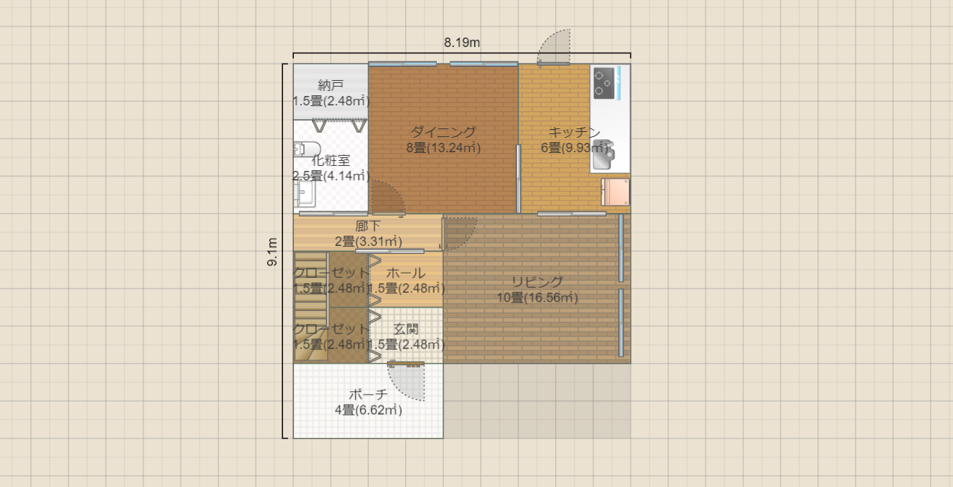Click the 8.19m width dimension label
461,43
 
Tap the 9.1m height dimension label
272,252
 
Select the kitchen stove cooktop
604,83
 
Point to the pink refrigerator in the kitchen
615,192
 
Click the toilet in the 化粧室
307,149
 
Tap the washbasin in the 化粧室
305,194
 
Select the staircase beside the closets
310,306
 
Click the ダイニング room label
443,132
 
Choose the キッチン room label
575,132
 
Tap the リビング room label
537,281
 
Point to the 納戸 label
331,85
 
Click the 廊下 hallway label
368,226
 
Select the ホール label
406,273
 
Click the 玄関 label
406,329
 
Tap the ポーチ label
368,394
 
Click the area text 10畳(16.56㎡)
537,297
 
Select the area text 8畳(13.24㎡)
443,148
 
